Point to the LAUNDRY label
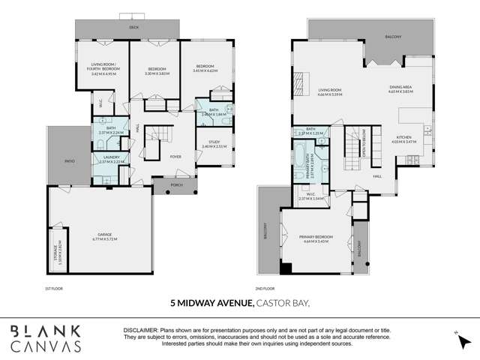pos(104,157)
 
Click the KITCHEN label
pos(405,137)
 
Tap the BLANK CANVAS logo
pos(46,338)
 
